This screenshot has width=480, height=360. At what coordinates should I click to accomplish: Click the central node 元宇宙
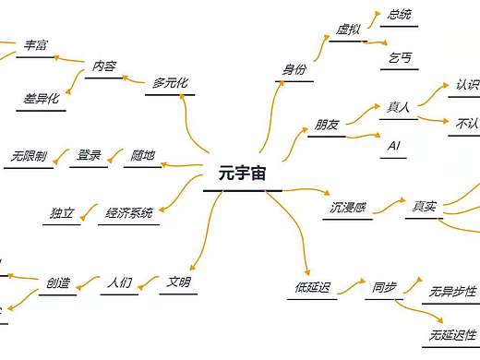click(x=241, y=173)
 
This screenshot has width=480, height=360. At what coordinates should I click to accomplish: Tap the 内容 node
click(x=103, y=66)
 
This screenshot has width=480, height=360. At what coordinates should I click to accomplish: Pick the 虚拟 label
click(x=347, y=30)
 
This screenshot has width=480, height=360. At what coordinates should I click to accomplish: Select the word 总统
click(x=400, y=15)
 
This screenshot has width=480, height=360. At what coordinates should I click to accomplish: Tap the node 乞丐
click(x=400, y=57)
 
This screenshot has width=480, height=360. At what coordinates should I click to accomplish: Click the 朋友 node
click(x=326, y=125)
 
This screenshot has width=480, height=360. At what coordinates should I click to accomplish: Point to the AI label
click(x=394, y=147)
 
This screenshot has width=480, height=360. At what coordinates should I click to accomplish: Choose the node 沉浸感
click(x=348, y=207)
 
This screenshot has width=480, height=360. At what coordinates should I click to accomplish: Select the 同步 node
click(x=384, y=287)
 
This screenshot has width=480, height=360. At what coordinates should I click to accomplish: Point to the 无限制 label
click(x=30, y=155)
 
